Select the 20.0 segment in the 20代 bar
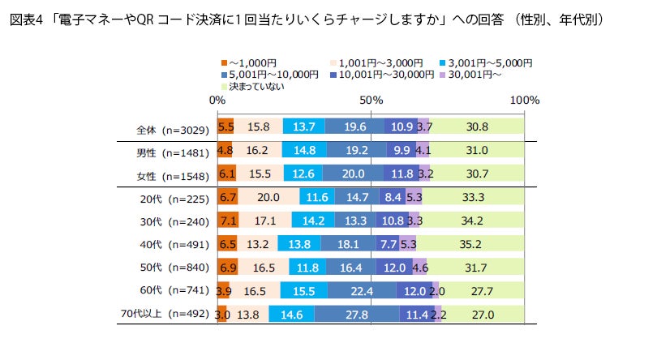click(268, 197)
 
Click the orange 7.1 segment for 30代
click(228, 221)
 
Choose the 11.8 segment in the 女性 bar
click(401, 174)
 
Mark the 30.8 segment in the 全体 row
click(476, 127)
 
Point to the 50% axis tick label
click(371, 101)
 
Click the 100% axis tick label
click(525, 101)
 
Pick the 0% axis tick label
click(217, 101)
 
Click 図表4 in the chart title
click(26, 19)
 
